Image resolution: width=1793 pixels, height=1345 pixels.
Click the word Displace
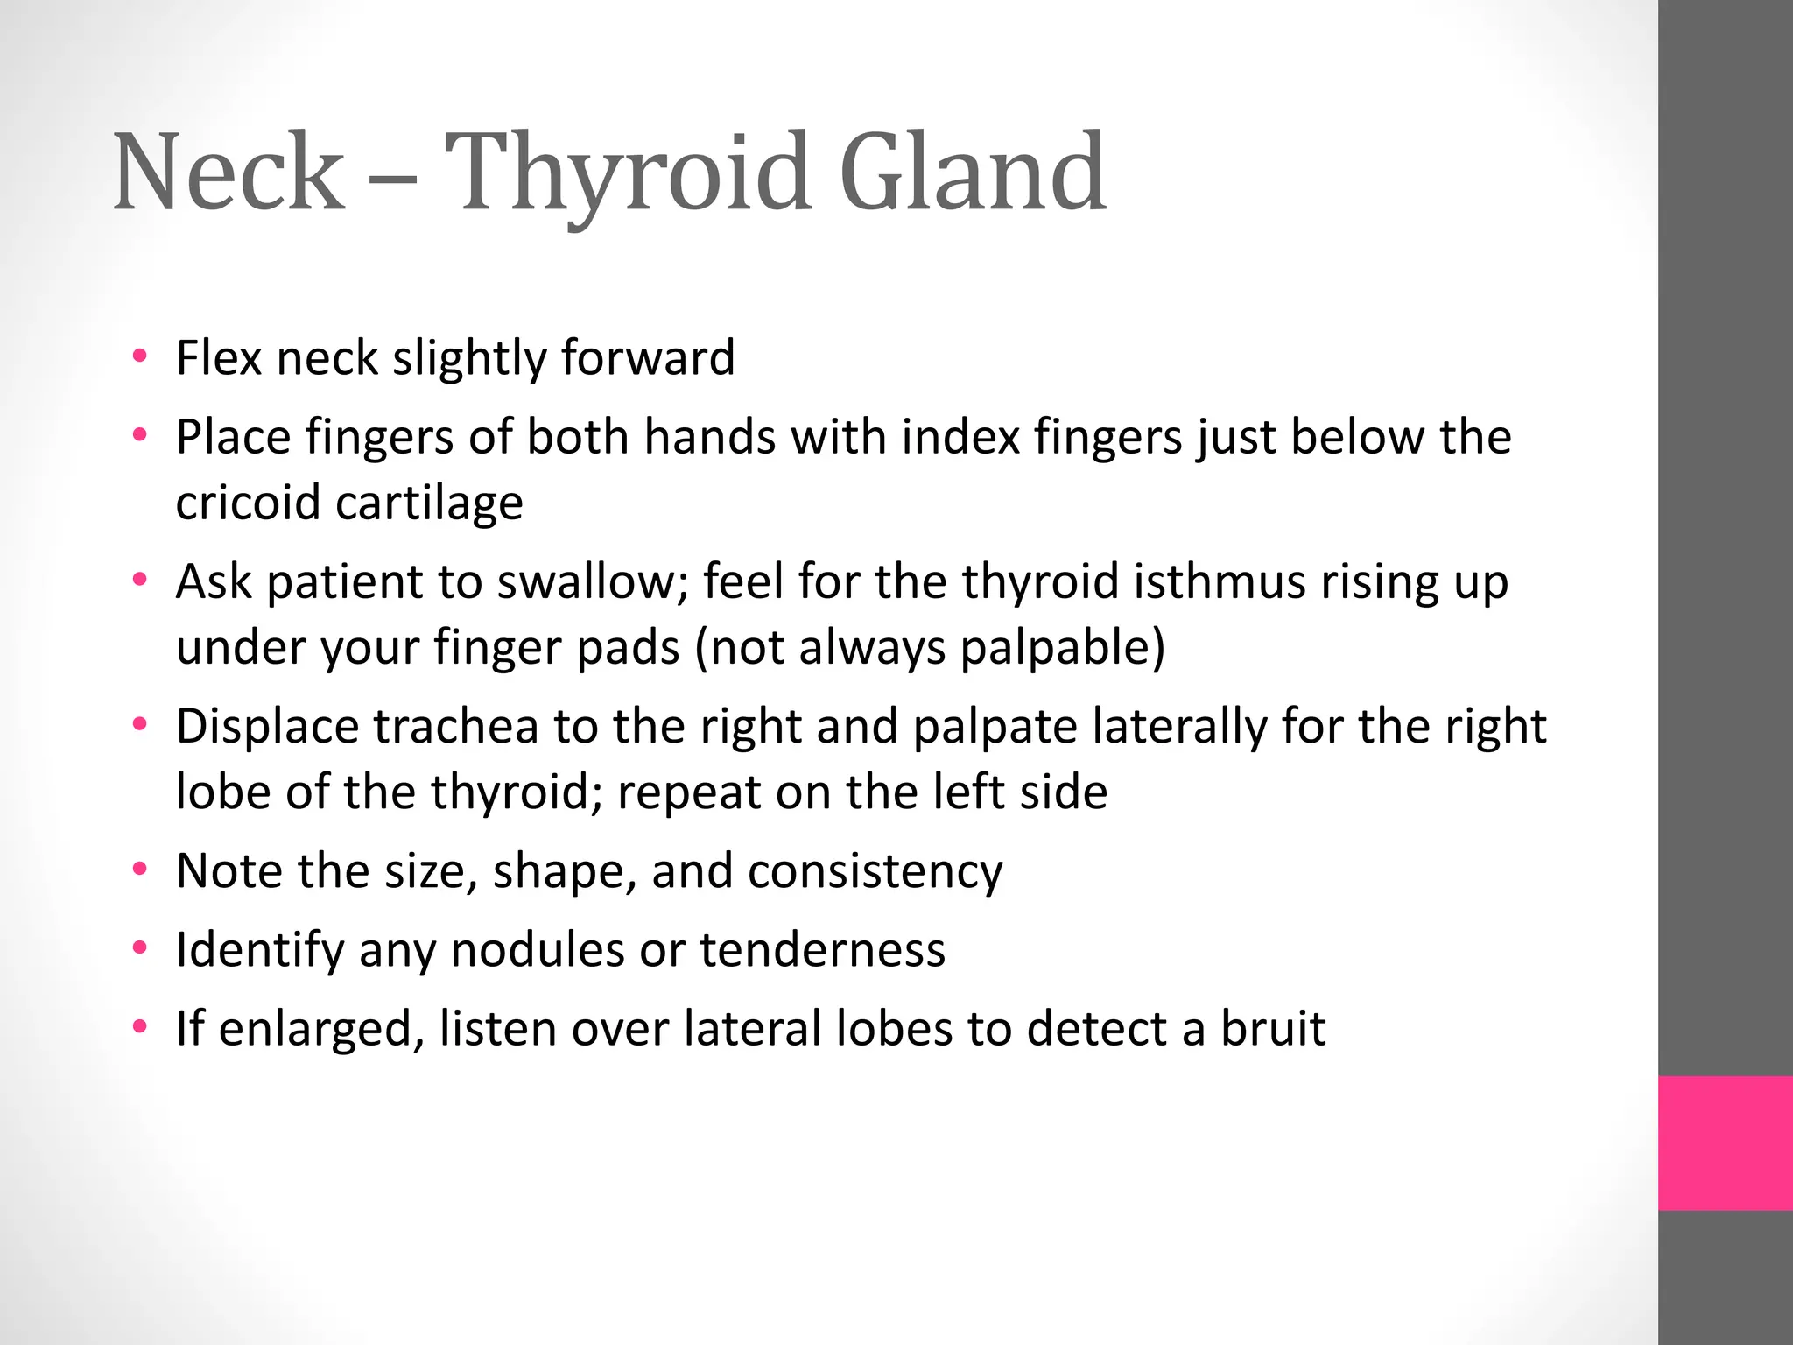[x=268, y=727]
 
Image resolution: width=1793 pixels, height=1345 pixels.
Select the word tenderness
[x=822, y=950]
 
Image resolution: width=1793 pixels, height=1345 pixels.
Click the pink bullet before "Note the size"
[x=139, y=870]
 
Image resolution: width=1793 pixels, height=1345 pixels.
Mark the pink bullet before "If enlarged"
[x=139, y=1027]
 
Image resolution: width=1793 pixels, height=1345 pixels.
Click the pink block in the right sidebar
[x=1725, y=1143]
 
